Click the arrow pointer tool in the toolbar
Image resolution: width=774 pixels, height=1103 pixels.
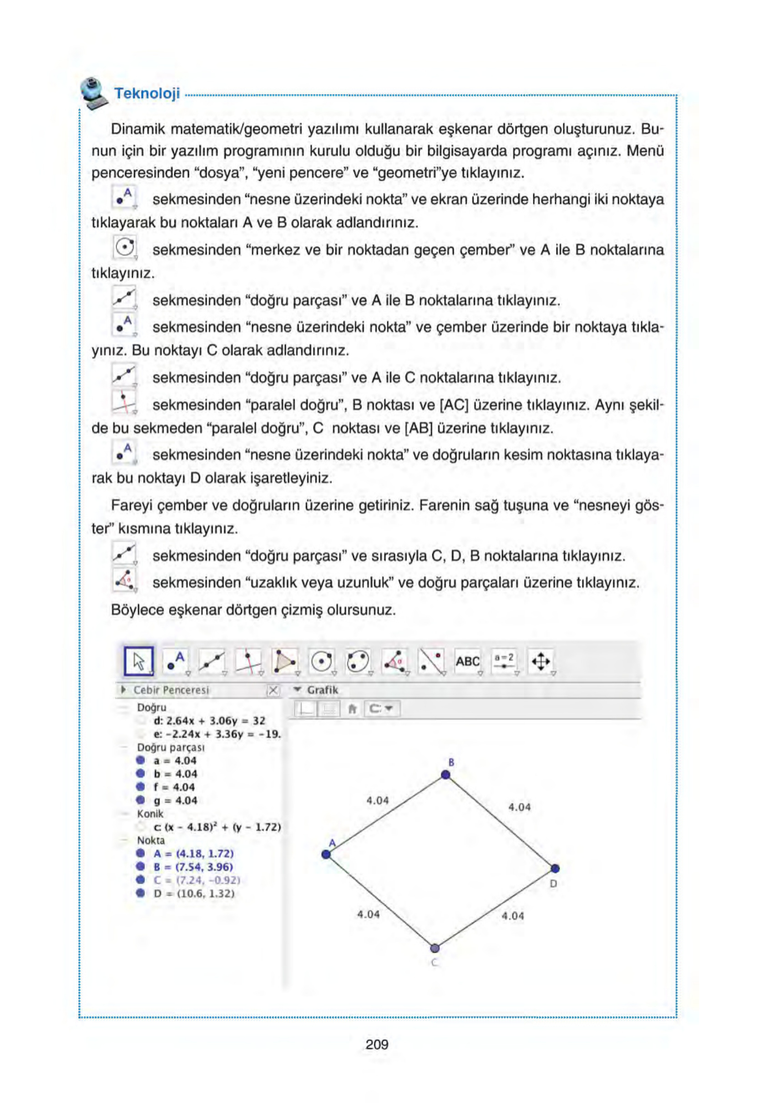[x=139, y=662]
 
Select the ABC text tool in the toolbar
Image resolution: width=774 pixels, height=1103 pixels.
[x=467, y=662]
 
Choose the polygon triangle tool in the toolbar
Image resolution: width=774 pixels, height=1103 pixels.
[x=284, y=662]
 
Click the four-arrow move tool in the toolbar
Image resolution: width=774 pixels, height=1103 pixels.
[x=541, y=662]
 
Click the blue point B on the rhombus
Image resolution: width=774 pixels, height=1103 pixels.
[x=445, y=774]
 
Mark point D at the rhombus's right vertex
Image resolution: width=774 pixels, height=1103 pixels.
[x=555, y=868]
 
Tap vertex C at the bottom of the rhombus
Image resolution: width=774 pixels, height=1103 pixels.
[x=435, y=948]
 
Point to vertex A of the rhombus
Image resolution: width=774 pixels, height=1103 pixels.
[x=326, y=854]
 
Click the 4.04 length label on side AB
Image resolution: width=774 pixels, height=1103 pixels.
[x=377, y=800]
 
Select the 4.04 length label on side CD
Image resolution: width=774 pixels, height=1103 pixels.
[x=512, y=916]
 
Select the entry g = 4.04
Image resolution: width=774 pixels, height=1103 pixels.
[x=175, y=800]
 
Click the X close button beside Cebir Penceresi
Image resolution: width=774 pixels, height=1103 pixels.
[x=273, y=690]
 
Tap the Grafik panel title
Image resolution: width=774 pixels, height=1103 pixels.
[x=322, y=690]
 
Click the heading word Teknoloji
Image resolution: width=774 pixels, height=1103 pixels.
[x=147, y=93]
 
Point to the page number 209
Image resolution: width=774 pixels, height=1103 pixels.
[x=377, y=1044]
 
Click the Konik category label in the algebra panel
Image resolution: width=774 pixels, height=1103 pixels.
[x=150, y=814]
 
